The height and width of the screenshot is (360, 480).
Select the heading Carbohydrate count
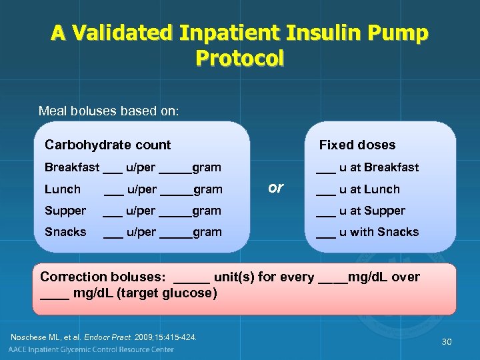[107, 145]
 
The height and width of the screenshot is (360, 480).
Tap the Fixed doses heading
[357, 145]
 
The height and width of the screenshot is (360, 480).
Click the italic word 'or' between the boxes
[275, 188]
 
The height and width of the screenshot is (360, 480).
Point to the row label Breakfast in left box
[71, 167]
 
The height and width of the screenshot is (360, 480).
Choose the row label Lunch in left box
[62, 189]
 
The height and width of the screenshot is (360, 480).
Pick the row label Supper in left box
[65, 211]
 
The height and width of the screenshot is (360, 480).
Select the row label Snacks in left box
[65, 232]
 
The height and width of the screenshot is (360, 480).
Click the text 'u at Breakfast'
[378, 167]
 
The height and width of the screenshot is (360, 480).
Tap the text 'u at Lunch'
[369, 189]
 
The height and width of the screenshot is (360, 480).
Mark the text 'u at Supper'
[371, 211]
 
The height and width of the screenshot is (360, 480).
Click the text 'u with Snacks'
[378, 232]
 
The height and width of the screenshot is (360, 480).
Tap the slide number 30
[446, 341]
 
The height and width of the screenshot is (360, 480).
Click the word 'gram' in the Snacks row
[207, 232]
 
